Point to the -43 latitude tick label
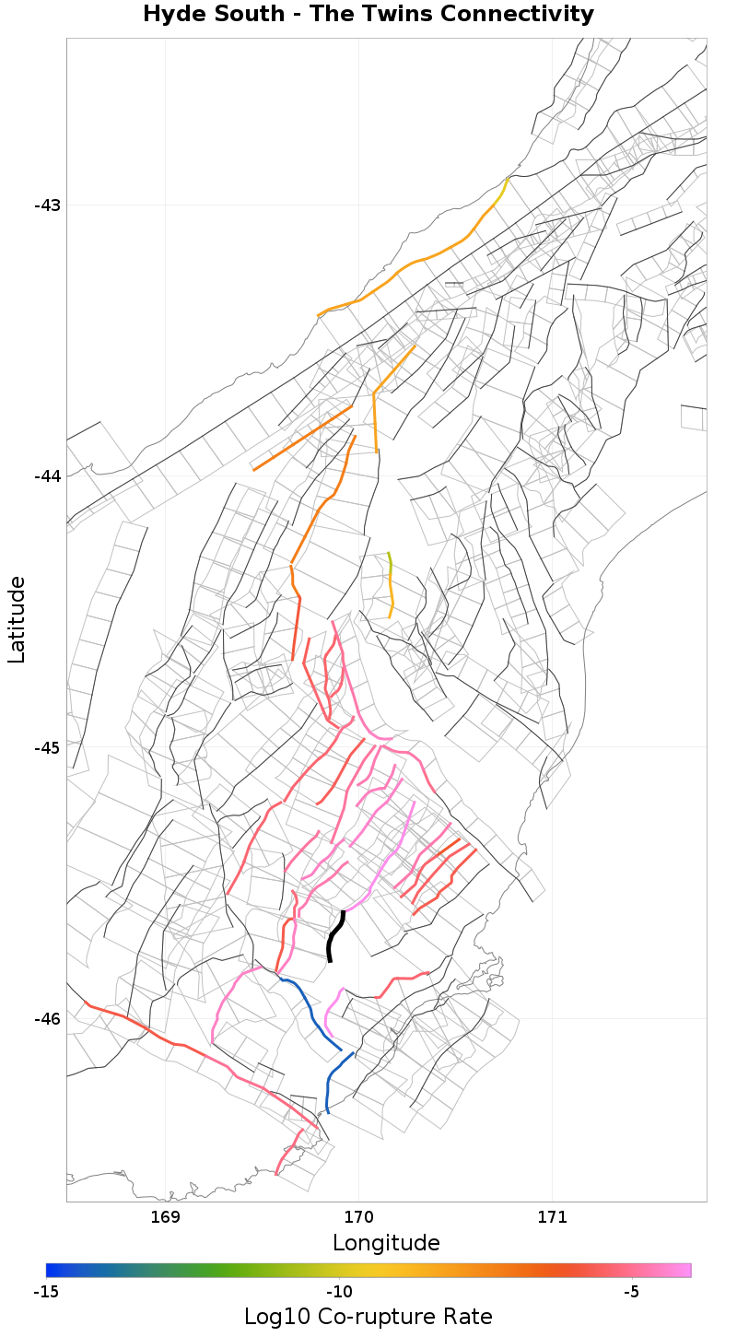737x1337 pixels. pos(47,205)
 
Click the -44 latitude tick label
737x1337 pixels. pos(47,475)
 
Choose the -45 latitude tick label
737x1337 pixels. pos(47,747)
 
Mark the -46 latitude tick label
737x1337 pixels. pos(47,1018)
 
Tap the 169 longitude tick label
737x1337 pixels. pos(165,1217)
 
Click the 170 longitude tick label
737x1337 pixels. pos(358,1217)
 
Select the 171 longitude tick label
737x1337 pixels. pos(552,1217)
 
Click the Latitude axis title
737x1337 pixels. pos(17,619)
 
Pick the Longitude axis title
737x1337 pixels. pos(386,1243)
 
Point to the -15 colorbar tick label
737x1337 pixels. pos(46,1292)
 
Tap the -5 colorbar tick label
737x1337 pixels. pos(631,1292)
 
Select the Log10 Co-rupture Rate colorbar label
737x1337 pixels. pos(368,1316)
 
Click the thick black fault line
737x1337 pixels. pos(333,935)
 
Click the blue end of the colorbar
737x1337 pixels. pos(52,1270)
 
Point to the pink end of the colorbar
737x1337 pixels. pos(685,1270)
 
